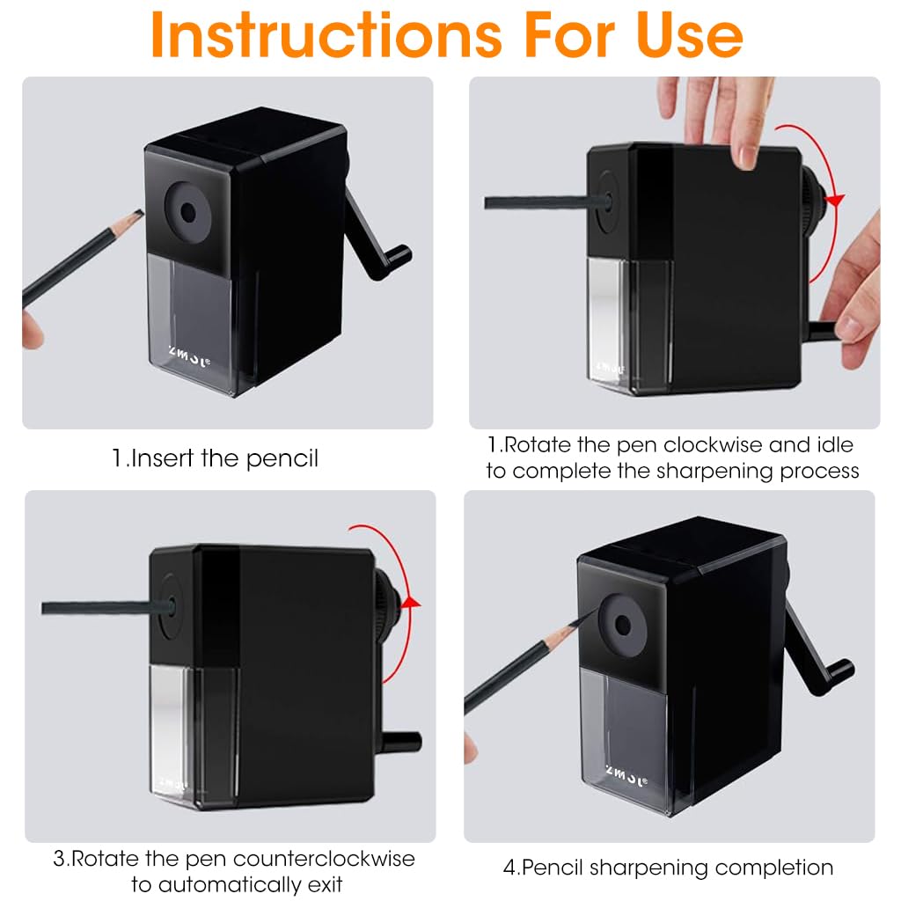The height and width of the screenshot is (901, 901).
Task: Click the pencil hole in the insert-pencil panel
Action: click(187, 212)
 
